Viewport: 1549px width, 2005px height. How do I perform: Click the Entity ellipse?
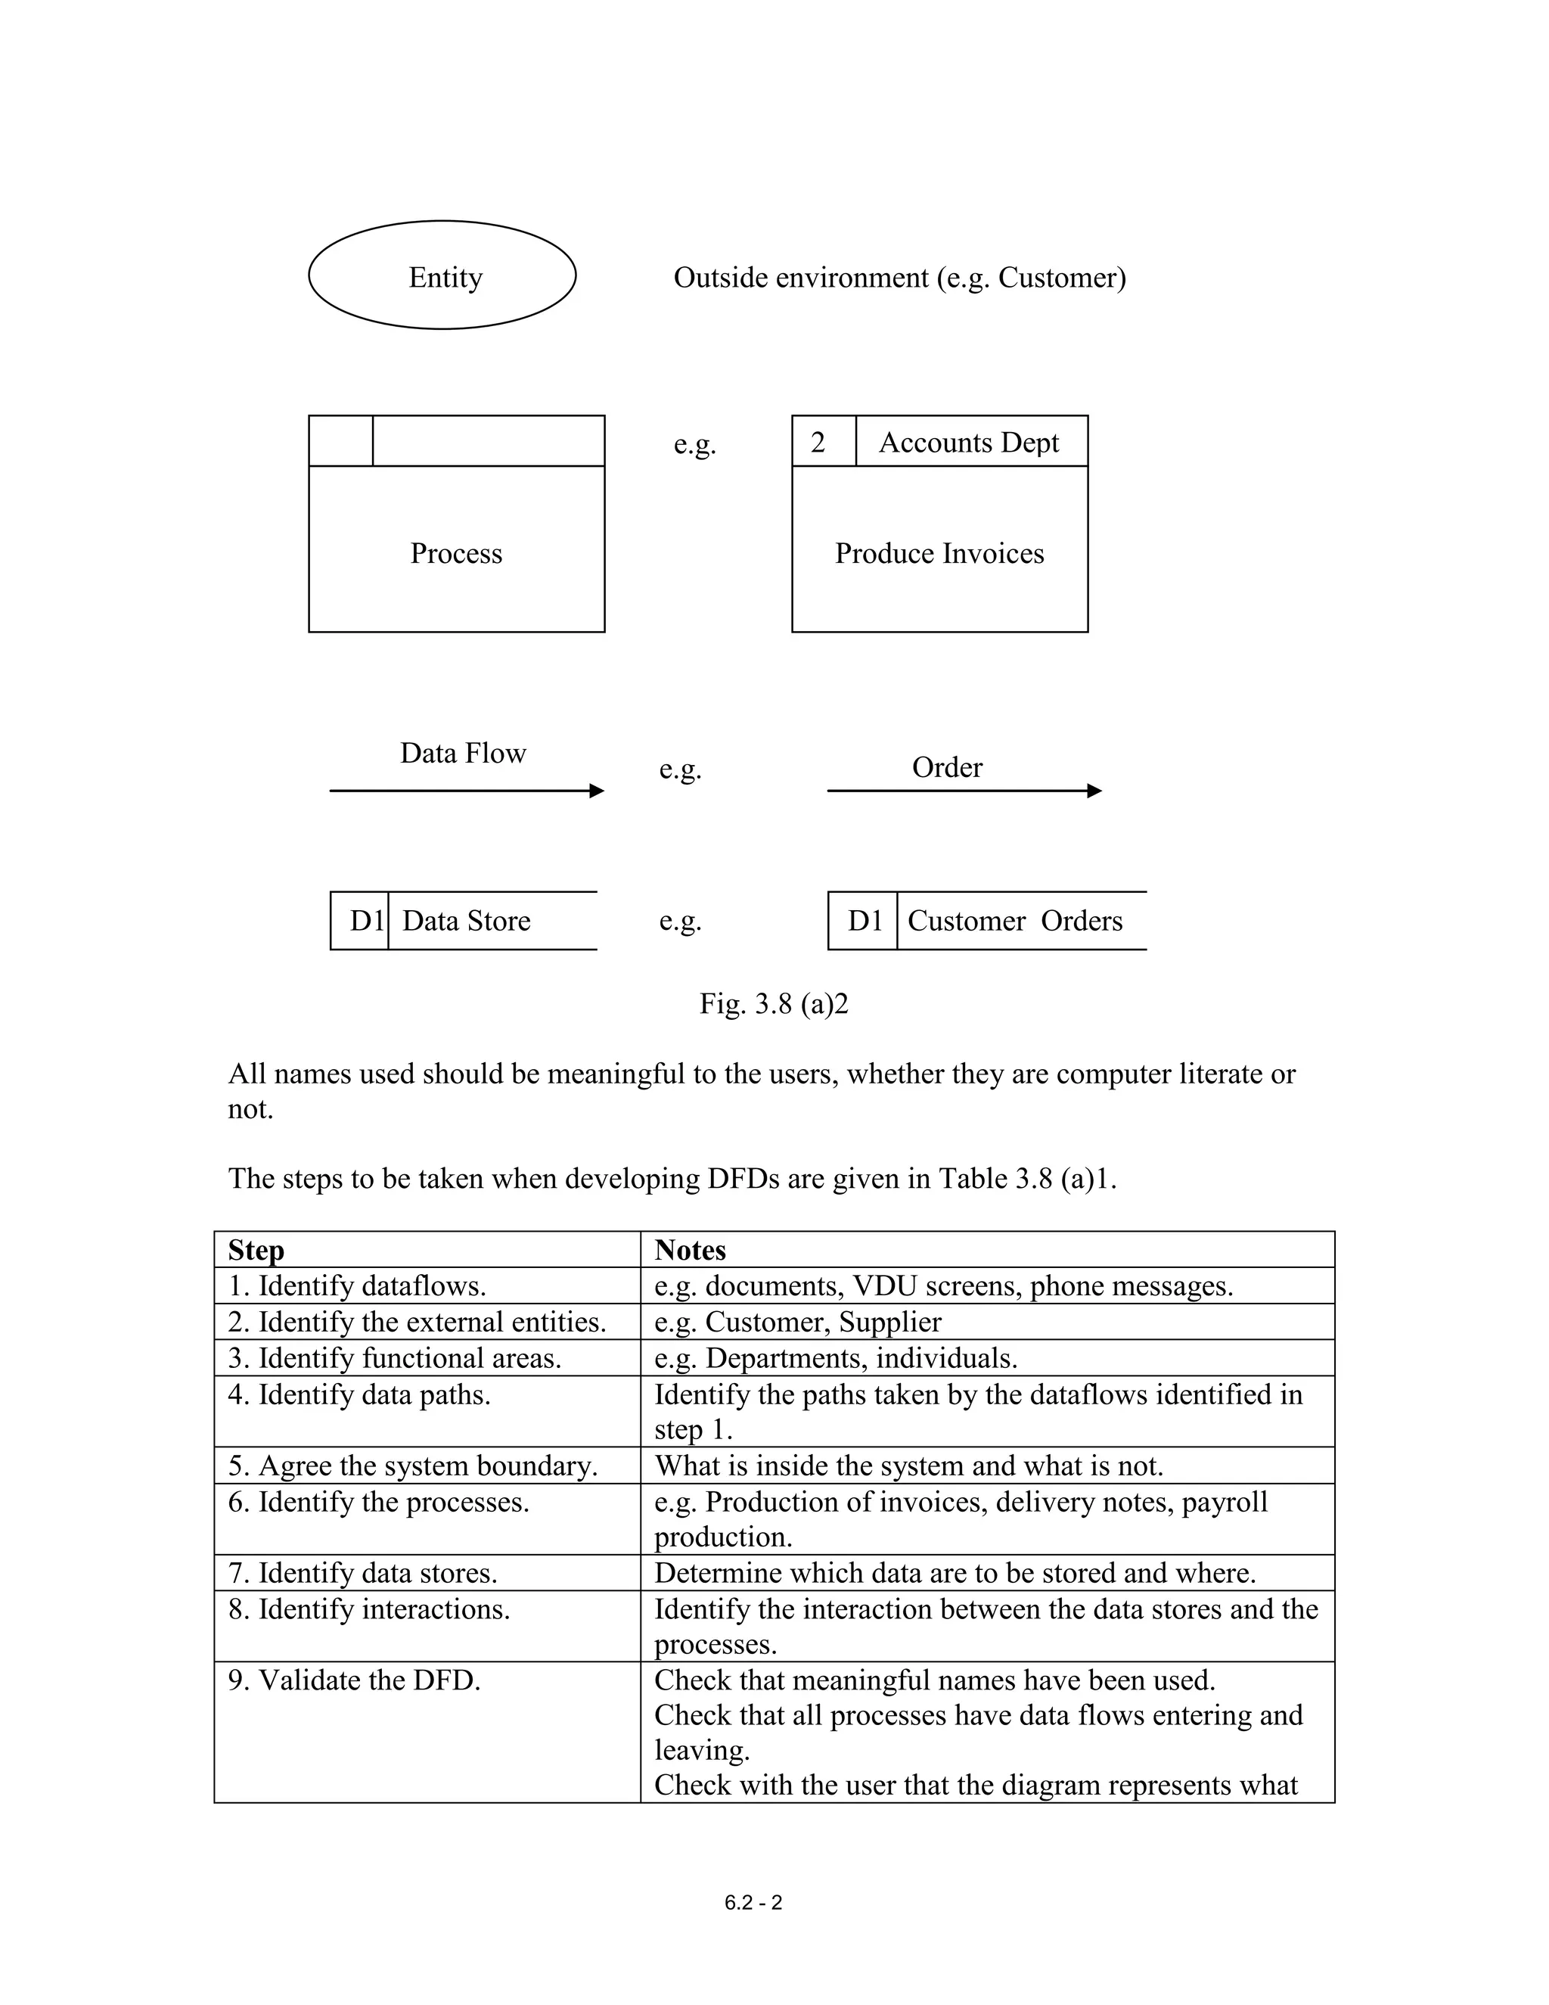(442, 275)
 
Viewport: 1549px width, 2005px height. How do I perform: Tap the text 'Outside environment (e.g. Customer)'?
(899, 277)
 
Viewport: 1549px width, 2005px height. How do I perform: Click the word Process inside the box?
(456, 554)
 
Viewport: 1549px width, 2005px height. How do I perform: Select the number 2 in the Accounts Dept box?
(818, 443)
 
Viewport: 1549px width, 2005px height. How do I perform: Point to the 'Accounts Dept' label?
(968, 443)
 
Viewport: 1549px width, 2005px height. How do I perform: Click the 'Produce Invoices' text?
(939, 554)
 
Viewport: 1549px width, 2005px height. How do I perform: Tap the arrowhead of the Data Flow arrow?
(598, 791)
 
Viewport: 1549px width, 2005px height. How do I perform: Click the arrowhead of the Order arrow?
(1094, 791)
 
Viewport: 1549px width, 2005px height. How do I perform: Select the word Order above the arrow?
(947, 767)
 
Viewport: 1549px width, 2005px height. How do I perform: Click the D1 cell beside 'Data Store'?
(366, 921)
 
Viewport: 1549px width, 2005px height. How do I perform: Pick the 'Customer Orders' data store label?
(1015, 921)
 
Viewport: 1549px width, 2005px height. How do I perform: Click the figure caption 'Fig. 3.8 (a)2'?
(774, 1003)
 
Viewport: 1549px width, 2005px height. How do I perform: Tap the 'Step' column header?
(256, 1251)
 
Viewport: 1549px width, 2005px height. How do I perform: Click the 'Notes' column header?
(690, 1251)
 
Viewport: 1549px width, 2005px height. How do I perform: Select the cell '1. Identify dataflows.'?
(357, 1286)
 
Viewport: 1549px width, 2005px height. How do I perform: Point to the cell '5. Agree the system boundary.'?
(413, 1466)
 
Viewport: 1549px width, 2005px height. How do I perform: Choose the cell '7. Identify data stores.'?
(362, 1573)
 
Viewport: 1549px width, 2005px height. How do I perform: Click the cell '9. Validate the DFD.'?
(354, 1680)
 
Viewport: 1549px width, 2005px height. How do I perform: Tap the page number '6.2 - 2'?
(753, 1903)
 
